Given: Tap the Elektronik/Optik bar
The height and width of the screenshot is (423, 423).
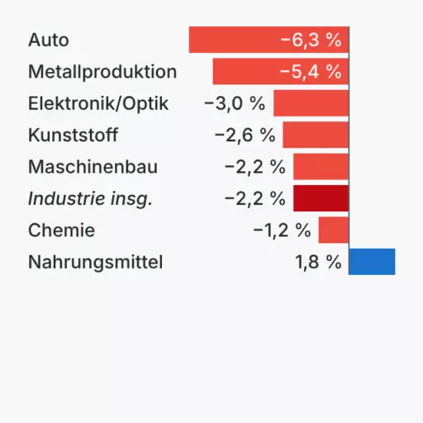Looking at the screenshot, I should pos(311,103).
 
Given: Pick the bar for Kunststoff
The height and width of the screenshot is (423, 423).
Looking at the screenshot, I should pos(316,135).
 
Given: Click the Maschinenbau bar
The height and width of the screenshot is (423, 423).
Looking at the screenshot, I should pos(321,167).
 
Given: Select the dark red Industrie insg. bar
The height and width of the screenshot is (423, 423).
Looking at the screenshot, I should pos(321,198).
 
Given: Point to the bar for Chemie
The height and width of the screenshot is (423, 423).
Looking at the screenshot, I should pos(333,230).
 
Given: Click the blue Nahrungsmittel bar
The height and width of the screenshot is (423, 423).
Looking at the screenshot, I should pos(372,262).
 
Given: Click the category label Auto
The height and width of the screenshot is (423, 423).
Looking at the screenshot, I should pos(49,40).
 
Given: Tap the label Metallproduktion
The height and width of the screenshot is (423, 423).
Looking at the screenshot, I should pos(102,72).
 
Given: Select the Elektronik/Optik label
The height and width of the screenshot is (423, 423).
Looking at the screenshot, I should pos(98,103).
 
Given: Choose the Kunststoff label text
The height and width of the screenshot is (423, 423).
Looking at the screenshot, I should pos(74,135).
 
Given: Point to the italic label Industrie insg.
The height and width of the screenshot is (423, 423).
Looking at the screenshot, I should pos(90,198).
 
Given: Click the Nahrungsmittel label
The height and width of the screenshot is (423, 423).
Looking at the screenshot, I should pos(96,262).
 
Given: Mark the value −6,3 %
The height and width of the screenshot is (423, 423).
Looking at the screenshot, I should pos(311,40).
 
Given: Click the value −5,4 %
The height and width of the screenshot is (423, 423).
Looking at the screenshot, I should pos(311,72).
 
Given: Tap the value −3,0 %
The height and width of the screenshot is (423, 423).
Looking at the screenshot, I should pos(235,103).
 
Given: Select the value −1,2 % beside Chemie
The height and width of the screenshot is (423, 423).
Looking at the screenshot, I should pos(282,230).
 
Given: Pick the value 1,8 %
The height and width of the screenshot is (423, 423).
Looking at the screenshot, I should pos(318,262).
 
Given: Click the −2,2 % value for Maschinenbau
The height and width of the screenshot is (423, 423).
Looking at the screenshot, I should pos(254,167).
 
